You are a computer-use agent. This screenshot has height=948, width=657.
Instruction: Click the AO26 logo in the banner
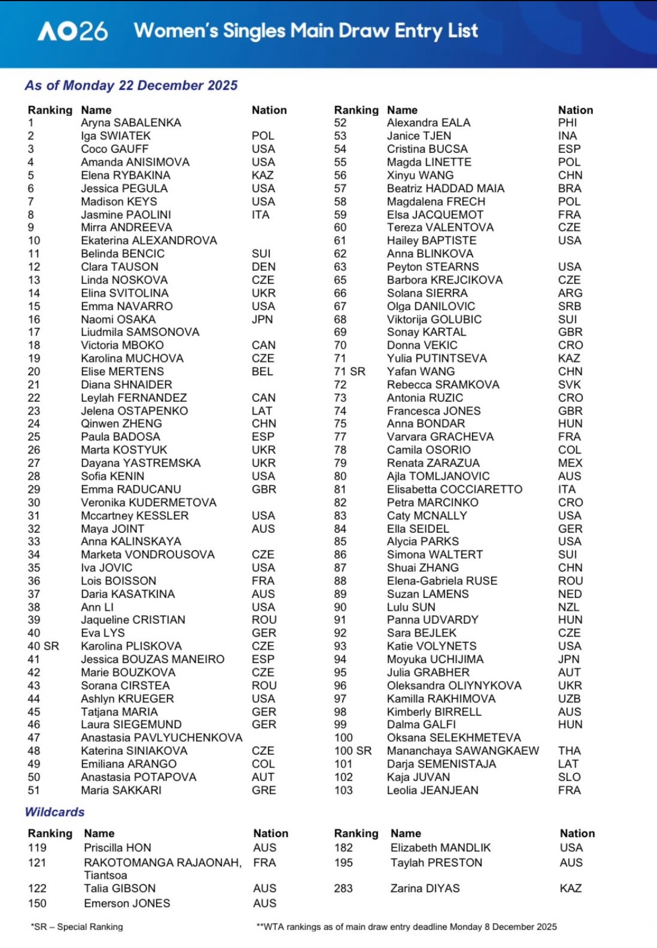coord(73,31)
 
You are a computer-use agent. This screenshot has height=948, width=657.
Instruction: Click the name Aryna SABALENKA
coord(131,123)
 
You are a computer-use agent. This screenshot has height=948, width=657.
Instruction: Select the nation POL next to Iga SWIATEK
coord(262,136)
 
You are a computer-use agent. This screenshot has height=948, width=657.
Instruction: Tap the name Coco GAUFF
coord(115,149)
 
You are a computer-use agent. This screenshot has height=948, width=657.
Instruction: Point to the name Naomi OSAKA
coord(118,319)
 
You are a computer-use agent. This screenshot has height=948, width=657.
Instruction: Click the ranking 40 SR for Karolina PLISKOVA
coord(43,646)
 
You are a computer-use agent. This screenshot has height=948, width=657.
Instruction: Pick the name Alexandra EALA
coord(428,123)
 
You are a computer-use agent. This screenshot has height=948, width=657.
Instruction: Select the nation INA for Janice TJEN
coord(567,136)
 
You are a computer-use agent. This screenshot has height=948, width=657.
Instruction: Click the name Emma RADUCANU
coord(131,489)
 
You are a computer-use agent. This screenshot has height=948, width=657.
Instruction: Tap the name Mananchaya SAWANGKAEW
coord(463,751)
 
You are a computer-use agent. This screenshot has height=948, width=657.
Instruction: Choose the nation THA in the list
coord(569,751)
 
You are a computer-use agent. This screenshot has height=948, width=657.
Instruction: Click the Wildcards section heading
coord(55,812)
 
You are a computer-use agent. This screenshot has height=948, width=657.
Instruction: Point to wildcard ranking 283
coord(343,888)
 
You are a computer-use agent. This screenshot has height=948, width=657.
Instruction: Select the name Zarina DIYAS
coord(425,888)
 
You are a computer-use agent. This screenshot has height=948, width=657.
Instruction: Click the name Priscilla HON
coord(117,848)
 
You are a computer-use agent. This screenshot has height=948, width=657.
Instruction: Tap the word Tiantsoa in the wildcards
coord(106,876)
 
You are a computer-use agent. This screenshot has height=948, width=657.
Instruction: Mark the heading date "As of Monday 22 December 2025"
coord(131,85)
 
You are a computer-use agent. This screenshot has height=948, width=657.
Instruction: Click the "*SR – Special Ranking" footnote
coord(77,927)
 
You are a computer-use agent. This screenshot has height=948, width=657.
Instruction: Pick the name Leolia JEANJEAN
coord(432,790)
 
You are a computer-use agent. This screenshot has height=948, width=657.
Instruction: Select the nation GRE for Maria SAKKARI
coord(264,790)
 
